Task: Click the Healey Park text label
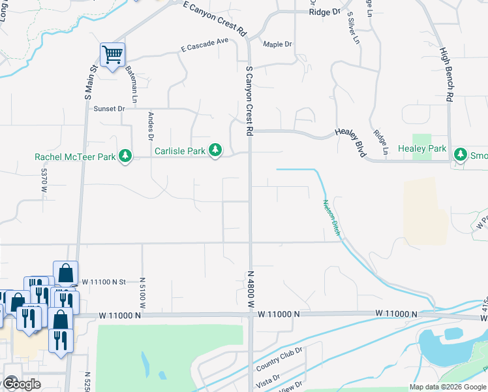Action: pos(422,149)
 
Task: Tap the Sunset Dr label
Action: pos(109,108)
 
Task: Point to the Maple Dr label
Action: pos(277,44)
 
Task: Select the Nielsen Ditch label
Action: pos(331,218)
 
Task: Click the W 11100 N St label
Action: pos(104,281)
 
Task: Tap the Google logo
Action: pos(21,384)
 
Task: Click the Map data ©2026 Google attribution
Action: pos(448,387)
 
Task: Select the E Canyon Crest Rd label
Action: pos(215,18)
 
